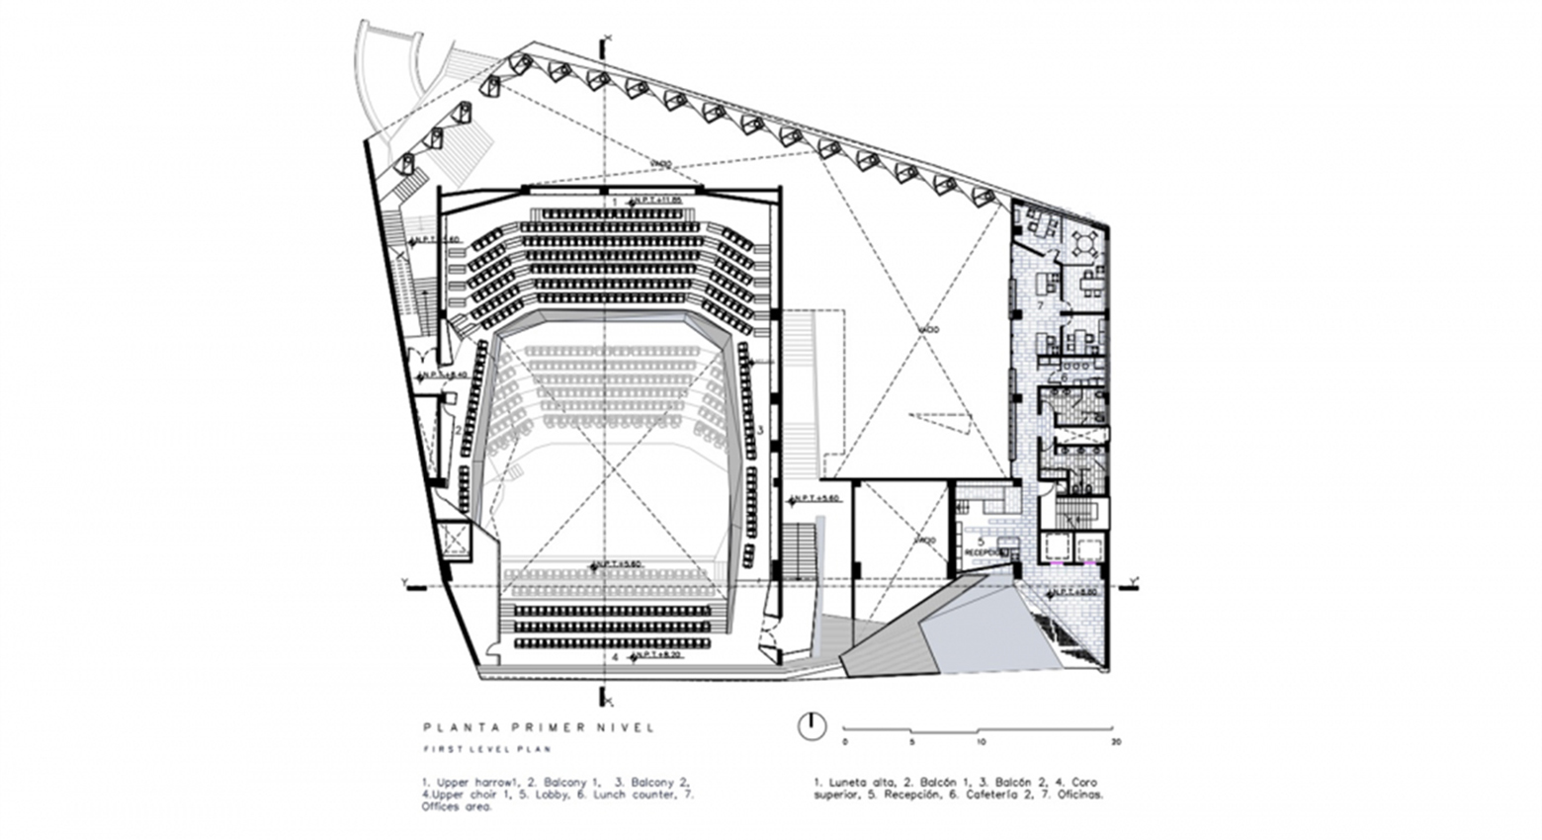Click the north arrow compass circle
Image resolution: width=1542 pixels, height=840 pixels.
coord(811,725)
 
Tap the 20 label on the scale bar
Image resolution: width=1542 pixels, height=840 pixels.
coord(1116,741)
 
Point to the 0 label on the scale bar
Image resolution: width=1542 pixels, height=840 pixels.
coord(845,741)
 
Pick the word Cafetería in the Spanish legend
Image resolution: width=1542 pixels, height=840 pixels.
coord(983,794)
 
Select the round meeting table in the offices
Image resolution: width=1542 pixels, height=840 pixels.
coord(1085,242)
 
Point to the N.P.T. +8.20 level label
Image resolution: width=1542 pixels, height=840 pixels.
coord(654,655)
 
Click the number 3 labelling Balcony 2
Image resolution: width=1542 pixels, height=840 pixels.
coord(760,431)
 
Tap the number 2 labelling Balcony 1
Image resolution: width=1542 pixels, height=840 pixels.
coord(458,428)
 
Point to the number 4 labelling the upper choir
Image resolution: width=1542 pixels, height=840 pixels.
coord(615,656)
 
